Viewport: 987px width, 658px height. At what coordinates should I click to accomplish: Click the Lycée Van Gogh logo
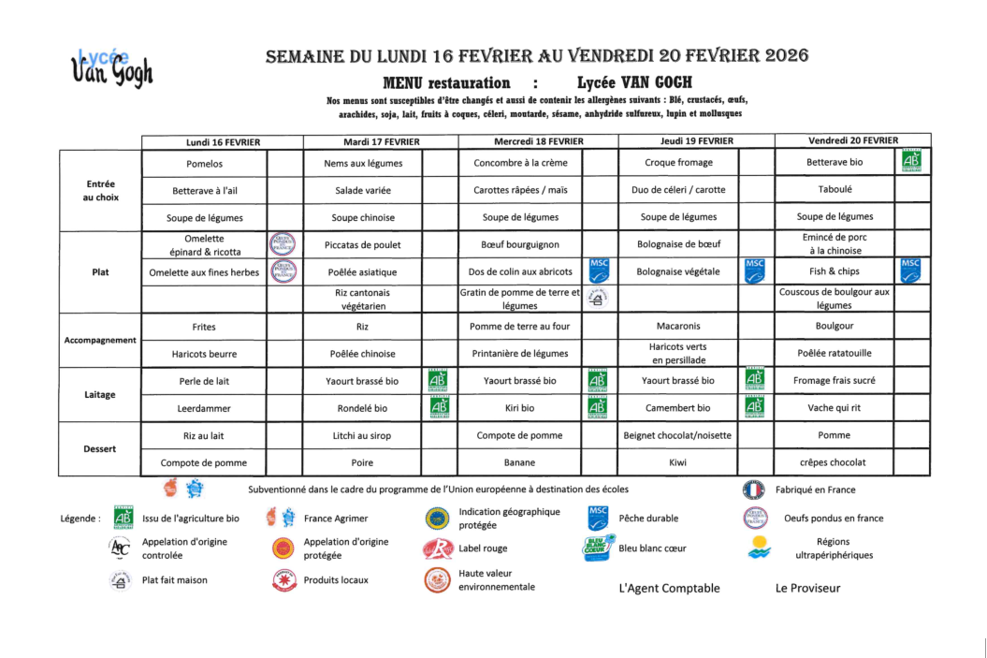click(x=111, y=67)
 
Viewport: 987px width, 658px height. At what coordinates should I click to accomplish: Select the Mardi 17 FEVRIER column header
click(x=381, y=141)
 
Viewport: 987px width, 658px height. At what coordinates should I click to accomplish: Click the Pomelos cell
click(x=205, y=163)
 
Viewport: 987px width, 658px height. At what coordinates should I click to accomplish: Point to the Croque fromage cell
click(x=678, y=163)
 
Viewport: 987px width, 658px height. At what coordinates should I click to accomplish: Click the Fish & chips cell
click(x=835, y=271)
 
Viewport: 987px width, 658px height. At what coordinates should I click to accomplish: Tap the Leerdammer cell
click(x=205, y=408)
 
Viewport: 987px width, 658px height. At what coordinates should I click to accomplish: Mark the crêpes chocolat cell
click(x=835, y=462)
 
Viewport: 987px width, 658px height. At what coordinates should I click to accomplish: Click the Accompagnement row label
click(x=100, y=340)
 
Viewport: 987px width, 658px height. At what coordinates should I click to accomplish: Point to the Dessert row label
click(x=100, y=448)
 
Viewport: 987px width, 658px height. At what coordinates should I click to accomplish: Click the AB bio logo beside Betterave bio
click(x=911, y=161)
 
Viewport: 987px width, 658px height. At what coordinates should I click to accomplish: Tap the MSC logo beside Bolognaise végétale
click(x=755, y=271)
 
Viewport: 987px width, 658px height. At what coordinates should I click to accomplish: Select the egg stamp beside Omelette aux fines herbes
click(x=283, y=271)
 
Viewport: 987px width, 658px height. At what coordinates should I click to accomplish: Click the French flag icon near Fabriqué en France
click(x=753, y=490)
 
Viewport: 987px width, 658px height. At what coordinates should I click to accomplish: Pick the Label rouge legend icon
click(x=437, y=548)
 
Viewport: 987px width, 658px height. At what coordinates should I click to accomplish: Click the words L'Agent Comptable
click(x=670, y=588)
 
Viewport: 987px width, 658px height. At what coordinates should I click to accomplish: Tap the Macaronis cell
click(x=678, y=327)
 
